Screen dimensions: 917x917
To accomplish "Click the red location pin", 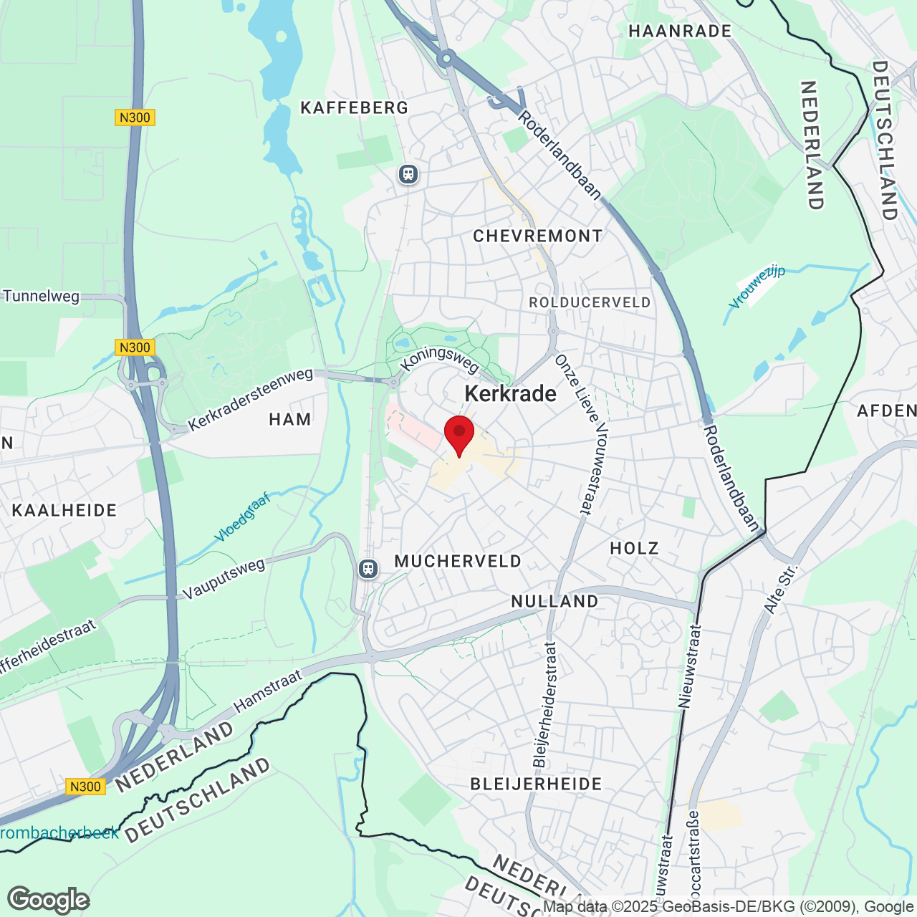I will coord(459,433).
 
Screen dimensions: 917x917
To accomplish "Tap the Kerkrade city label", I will coord(510,394).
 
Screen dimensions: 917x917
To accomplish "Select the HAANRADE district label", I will coord(680,32).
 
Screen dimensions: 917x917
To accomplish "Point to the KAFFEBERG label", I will coord(354,108).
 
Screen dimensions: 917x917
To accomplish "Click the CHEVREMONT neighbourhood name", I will coord(538,236).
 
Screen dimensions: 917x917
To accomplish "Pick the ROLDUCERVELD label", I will coord(590,303).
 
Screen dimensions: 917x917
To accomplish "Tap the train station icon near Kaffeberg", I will coord(408,173).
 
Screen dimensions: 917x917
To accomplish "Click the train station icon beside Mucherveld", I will coord(368,569).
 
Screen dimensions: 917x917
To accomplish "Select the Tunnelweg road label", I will coord(42,296).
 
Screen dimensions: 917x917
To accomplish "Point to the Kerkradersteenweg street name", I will coord(251,399).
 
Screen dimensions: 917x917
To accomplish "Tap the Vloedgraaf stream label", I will coord(242,517).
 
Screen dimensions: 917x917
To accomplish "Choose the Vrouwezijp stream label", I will coord(757,287).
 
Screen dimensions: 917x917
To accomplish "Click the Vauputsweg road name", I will coord(224,579).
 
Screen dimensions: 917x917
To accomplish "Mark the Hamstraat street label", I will coord(268,691).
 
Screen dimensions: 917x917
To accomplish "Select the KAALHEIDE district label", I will coord(64,511).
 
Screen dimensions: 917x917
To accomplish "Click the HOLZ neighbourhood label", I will coord(634,549).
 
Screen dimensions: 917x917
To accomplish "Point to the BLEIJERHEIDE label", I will coord(536,784).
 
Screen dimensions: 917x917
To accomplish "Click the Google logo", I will coord(49,900).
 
